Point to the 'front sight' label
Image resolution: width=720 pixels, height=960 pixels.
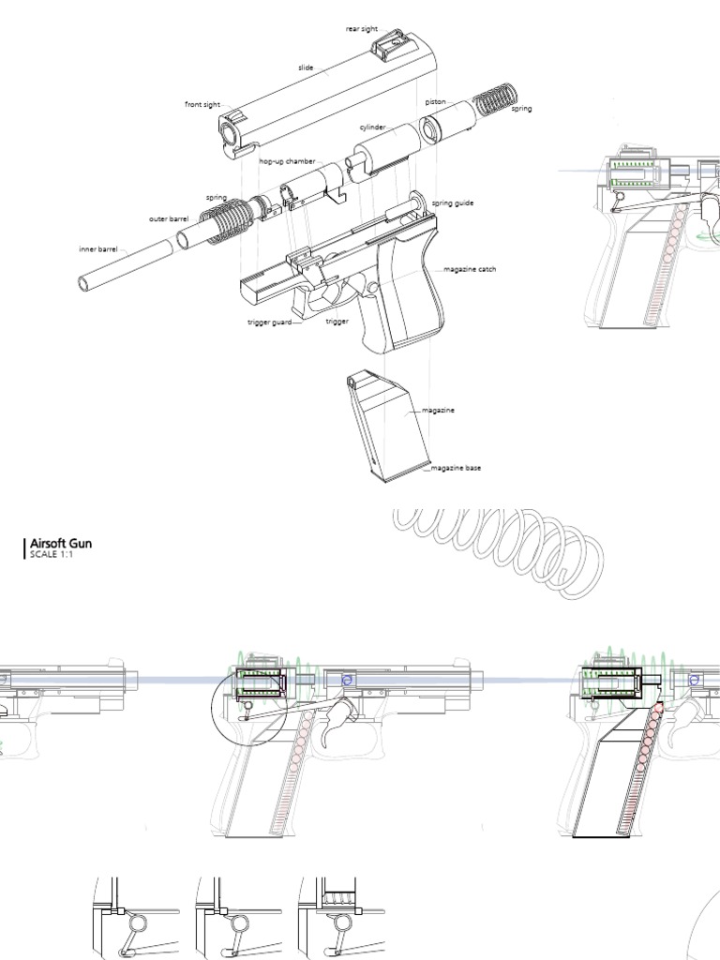202,105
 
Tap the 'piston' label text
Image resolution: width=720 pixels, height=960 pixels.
434,101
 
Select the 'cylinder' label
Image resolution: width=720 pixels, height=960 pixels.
371,127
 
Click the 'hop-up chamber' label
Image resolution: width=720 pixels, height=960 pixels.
287,161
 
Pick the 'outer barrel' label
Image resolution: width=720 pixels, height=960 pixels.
169,219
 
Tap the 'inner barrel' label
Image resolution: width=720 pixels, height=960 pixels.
97,249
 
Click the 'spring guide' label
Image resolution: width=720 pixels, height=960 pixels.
452,202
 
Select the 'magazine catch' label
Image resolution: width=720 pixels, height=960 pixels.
470,269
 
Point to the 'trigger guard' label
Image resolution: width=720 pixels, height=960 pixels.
269,322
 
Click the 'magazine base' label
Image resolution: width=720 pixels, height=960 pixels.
456,468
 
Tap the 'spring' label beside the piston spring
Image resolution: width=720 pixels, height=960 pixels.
521,109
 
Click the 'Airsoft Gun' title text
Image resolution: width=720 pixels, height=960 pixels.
61,543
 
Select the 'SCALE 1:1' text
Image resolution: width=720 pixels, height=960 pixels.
51,555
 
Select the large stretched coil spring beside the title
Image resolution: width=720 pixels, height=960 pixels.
497,548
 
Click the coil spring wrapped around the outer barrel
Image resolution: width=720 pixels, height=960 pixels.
230,220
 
